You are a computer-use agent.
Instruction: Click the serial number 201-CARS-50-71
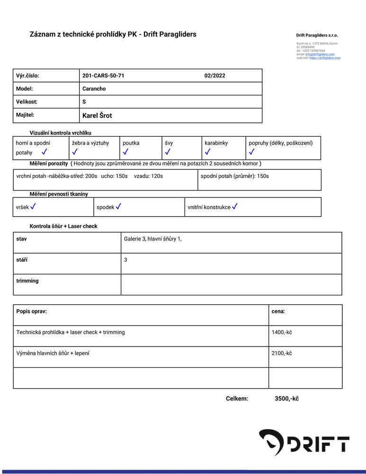[x=103, y=76]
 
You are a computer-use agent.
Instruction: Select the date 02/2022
[x=214, y=76]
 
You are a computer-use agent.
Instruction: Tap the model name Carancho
[x=94, y=89]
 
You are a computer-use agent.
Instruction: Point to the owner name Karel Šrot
[x=97, y=116]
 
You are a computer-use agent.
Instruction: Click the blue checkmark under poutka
[x=125, y=152]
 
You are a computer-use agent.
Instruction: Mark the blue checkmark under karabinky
[x=207, y=152]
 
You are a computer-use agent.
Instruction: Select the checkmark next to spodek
[x=118, y=207]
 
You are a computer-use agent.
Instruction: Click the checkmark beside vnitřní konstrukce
[x=234, y=207]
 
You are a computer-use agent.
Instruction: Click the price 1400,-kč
[x=282, y=332]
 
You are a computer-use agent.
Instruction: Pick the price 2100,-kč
[x=282, y=353]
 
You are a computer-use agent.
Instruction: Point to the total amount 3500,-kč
[x=286, y=399]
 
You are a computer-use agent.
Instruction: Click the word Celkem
[x=237, y=399]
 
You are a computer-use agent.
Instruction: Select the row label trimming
[x=27, y=281]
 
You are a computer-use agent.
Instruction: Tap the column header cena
[x=278, y=311]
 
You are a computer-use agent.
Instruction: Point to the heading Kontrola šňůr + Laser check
[x=63, y=227]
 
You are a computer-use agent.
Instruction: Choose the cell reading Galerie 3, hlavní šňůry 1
[x=152, y=239]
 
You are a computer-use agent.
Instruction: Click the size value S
[x=84, y=102]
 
